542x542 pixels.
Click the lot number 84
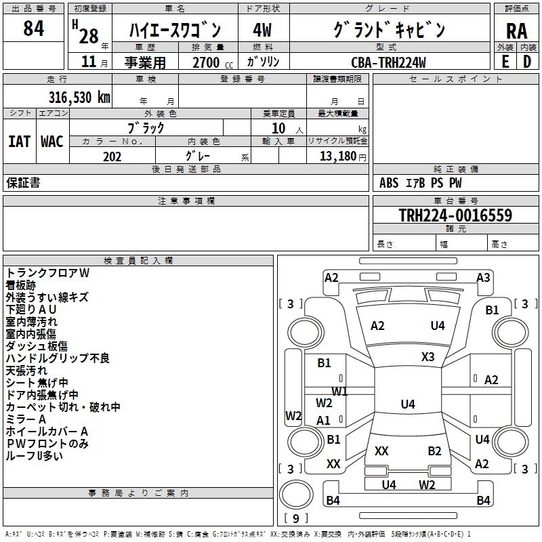(x=33, y=29)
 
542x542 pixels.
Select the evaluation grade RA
(x=516, y=30)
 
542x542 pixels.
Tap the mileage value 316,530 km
(x=79, y=97)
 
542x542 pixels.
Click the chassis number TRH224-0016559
(x=455, y=215)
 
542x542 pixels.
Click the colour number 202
(x=112, y=157)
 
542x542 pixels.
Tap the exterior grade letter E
(x=505, y=62)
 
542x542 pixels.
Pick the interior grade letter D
(x=527, y=62)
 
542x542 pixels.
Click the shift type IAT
(x=19, y=141)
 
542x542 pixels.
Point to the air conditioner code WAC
(x=51, y=141)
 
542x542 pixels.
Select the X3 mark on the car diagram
(x=428, y=356)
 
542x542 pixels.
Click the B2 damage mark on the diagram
(x=434, y=451)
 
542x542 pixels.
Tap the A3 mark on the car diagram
(x=483, y=277)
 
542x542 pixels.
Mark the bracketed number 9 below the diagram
(x=295, y=518)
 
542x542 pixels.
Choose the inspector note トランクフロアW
(x=47, y=273)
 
